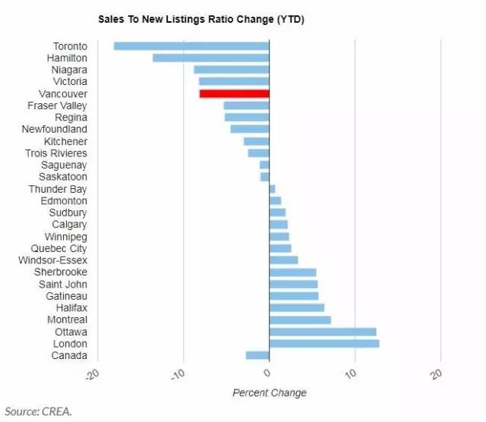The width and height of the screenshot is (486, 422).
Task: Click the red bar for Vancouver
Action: [x=234, y=93]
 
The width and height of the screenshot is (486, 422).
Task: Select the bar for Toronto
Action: [x=191, y=46]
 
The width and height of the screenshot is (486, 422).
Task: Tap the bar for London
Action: [x=324, y=344]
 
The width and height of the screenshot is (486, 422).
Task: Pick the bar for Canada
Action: [x=257, y=355]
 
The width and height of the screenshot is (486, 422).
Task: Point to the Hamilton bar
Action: [x=211, y=58]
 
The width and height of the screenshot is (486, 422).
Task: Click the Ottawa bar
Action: [x=323, y=332]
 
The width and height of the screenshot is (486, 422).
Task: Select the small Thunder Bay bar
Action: [x=273, y=189]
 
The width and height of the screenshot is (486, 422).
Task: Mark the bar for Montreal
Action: [x=300, y=320]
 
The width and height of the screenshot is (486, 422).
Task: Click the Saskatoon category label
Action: [x=64, y=177]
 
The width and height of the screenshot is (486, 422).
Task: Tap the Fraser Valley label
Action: [x=57, y=106]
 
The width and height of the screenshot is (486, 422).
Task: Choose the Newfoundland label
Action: [x=55, y=129]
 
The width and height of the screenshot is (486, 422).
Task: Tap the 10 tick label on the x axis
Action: [x=353, y=373]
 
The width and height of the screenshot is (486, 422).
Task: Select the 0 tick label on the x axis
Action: [x=267, y=373]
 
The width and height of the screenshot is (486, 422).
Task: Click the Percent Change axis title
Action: [x=269, y=392]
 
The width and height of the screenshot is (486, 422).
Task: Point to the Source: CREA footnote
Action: [x=37, y=411]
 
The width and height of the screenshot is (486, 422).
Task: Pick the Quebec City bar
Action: [x=280, y=248]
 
